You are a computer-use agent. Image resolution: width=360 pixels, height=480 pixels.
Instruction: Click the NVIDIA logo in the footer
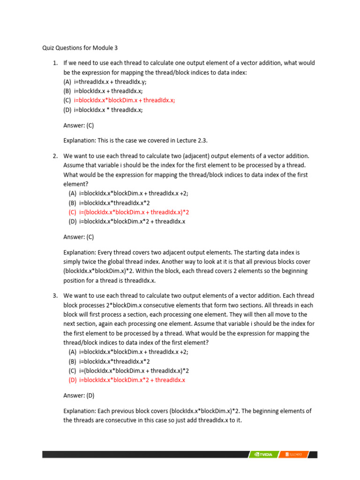263,454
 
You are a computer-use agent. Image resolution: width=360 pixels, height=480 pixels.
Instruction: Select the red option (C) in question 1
119,100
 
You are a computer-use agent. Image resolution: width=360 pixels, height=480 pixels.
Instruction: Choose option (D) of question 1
103,110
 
